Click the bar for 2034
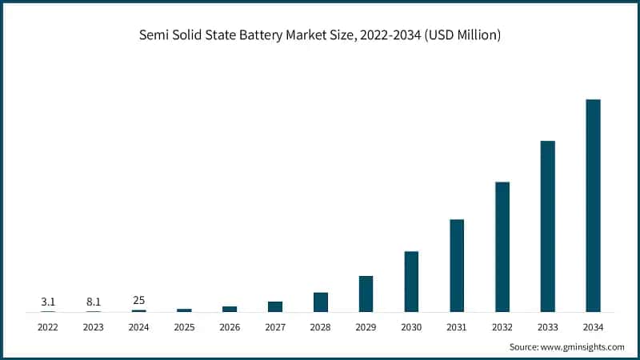tap(593, 206)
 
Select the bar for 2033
tap(547, 226)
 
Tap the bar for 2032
tap(502, 246)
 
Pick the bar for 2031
tap(457, 266)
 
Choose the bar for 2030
tap(411, 282)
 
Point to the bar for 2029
tap(366, 294)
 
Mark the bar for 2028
tap(321, 302)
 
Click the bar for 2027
tap(275, 306)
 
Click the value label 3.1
tap(48, 302)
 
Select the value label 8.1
tap(94, 302)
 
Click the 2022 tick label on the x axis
tap(48, 327)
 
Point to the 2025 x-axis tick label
tap(184, 327)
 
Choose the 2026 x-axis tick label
tap(230, 327)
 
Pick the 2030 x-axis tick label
tap(411, 327)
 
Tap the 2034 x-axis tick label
tap(593, 327)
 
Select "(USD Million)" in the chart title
tap(461, 37)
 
